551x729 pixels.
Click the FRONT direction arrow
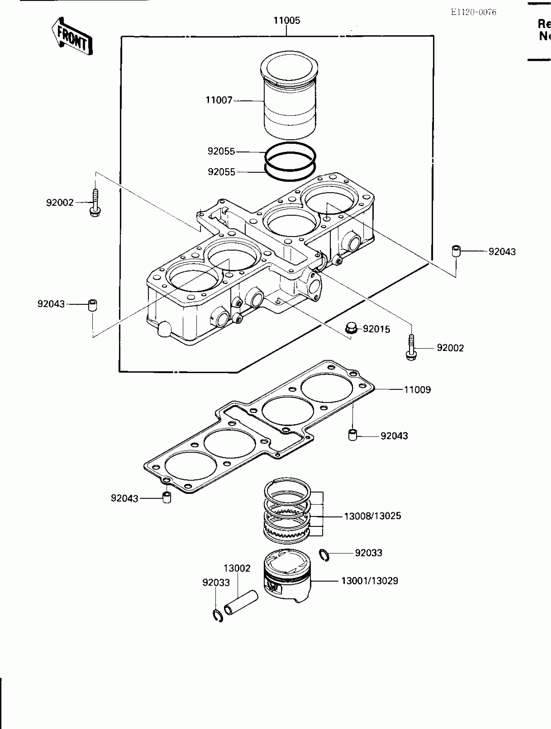72,37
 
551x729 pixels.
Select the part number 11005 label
287,20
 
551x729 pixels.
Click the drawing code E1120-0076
473,12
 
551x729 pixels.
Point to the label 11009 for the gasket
417,390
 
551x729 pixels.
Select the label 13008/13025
372,516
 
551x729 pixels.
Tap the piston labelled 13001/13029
287,576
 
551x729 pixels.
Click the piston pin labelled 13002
241,603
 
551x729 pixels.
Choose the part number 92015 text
376,329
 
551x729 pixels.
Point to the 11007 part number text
219,100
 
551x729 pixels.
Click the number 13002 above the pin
237,568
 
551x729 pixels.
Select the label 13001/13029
369,581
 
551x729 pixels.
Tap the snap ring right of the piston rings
324,555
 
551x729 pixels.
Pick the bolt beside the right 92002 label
411,348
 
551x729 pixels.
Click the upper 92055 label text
221,151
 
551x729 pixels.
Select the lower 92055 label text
221,172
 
